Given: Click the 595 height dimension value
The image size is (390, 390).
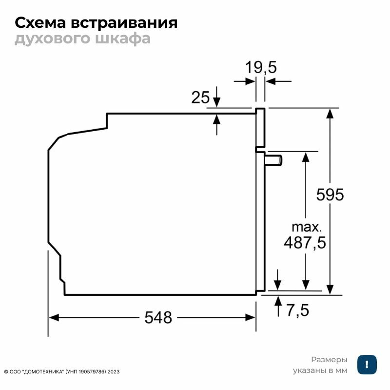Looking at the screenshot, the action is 330,195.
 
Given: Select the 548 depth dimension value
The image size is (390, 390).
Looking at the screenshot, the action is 158,318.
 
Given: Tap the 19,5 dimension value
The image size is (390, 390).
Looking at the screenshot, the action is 260,67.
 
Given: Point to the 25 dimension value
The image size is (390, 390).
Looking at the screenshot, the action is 200,97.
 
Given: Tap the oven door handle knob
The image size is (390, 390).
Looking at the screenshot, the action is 274,159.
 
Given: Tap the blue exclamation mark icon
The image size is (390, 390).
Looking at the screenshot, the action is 367,365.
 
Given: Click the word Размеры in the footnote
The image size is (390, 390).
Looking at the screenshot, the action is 330,360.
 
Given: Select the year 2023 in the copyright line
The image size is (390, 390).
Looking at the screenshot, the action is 114,371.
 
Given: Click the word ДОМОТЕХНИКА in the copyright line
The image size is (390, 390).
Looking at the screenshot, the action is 45,371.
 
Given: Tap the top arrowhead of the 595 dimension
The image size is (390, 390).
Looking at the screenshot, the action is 330,113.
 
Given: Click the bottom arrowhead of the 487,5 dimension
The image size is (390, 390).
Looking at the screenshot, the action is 306,285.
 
